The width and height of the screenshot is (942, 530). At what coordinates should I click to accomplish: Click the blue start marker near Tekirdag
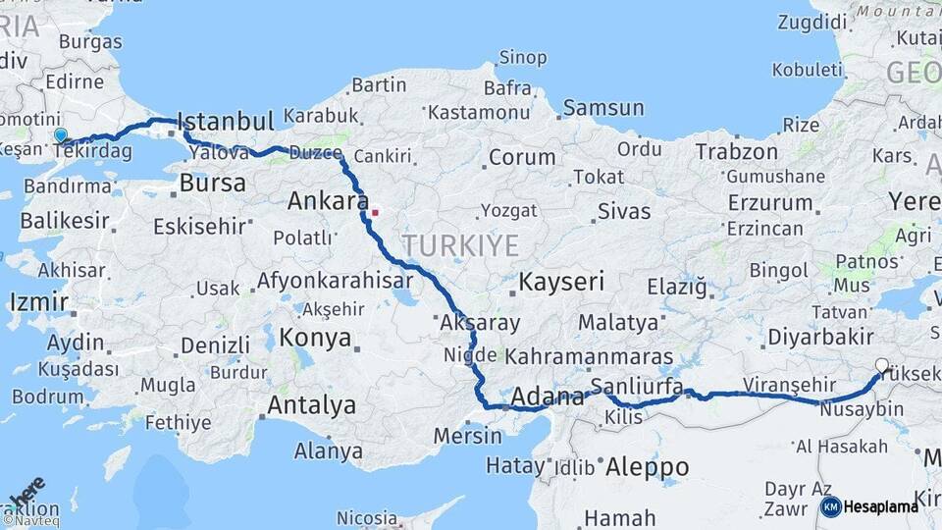coord(61,135)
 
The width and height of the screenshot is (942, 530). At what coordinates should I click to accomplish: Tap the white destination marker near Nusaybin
coord(881,366)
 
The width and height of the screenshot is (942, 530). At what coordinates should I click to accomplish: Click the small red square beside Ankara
coord(374,211)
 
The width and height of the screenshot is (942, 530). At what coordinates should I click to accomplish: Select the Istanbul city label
coord(226,123)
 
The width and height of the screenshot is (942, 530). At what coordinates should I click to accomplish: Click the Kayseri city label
coord(561,283)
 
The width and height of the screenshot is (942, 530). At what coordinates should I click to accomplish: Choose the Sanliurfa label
coord(637,387)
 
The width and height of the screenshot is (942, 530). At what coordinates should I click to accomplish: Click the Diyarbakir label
coord(820,337)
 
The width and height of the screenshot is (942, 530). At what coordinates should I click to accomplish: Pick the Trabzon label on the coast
coord(737,152)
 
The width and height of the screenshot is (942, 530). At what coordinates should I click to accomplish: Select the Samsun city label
coord(603,108)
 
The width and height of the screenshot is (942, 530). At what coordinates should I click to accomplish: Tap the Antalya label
coord(311,404)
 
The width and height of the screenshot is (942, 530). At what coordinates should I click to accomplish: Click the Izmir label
coord(39,301)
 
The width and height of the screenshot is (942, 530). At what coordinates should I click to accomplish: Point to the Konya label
coord(315,339)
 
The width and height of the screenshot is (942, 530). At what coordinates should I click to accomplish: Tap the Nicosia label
coord(367,517)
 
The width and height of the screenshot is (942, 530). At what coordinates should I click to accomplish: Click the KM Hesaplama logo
coord(869,506)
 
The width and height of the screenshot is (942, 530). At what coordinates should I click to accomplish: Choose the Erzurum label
coord(770,203)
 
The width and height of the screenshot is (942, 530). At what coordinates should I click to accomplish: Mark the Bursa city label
coord(213,184)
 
